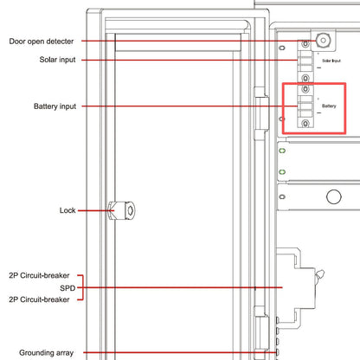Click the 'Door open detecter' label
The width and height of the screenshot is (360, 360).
pyautogui.click(x=42, y=42)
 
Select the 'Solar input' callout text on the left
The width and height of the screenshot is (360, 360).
pyautogui.click(x=57, y=60)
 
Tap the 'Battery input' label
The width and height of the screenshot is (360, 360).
pyautogui.click(x=55, y=106)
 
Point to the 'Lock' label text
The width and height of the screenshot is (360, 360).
pyautogui.click(x=67, y=210)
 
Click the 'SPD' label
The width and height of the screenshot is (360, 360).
pyautogui.click(x=67, y=288)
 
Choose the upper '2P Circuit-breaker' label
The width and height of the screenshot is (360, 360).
pyautogui.click(x=39, y=275)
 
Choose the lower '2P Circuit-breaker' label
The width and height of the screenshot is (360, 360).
pyautogui.click(x=39, y=299)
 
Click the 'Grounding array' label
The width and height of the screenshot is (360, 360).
pyautogui.click(x=46, y=353)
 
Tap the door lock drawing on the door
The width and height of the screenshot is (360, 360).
pyautogui.click(x=122, y=210)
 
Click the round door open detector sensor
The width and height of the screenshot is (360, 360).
pyautogui.click(x=323, y=41)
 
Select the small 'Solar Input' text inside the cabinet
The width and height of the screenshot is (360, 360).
pyautogui.click(x=331, y=61)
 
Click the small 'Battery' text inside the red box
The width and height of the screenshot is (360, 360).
pyautogui.click(x=329, y=106)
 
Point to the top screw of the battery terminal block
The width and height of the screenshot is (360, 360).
pyautogui.click(x=305, y=88)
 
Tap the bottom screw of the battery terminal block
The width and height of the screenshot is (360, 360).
pyautogui.click(x=305, y=124)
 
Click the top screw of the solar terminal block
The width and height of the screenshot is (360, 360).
pyautogui.click(x=305, y=44)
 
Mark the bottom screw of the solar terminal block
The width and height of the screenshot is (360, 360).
pyautogui.click(x=305, y=78)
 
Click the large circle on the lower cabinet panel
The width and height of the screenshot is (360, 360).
pyautogui.click(x=334, y=196)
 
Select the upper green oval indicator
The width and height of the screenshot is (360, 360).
pyautogui.click(x=282, y=151)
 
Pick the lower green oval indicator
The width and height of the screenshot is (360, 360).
pyautogui.click(x=282, y=172)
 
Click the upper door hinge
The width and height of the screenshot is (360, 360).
pyautogui.click(x=261, y=113)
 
